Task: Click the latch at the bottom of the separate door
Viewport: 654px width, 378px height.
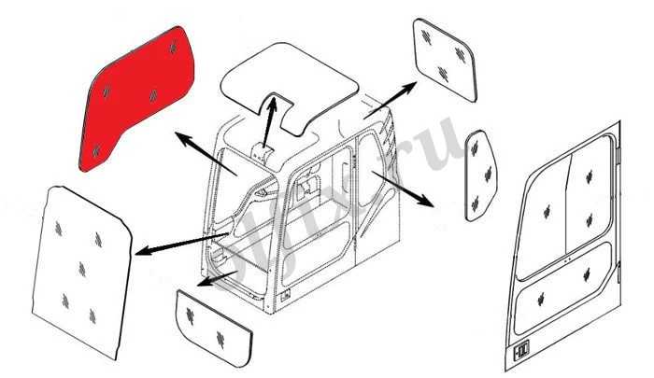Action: point(521,352)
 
